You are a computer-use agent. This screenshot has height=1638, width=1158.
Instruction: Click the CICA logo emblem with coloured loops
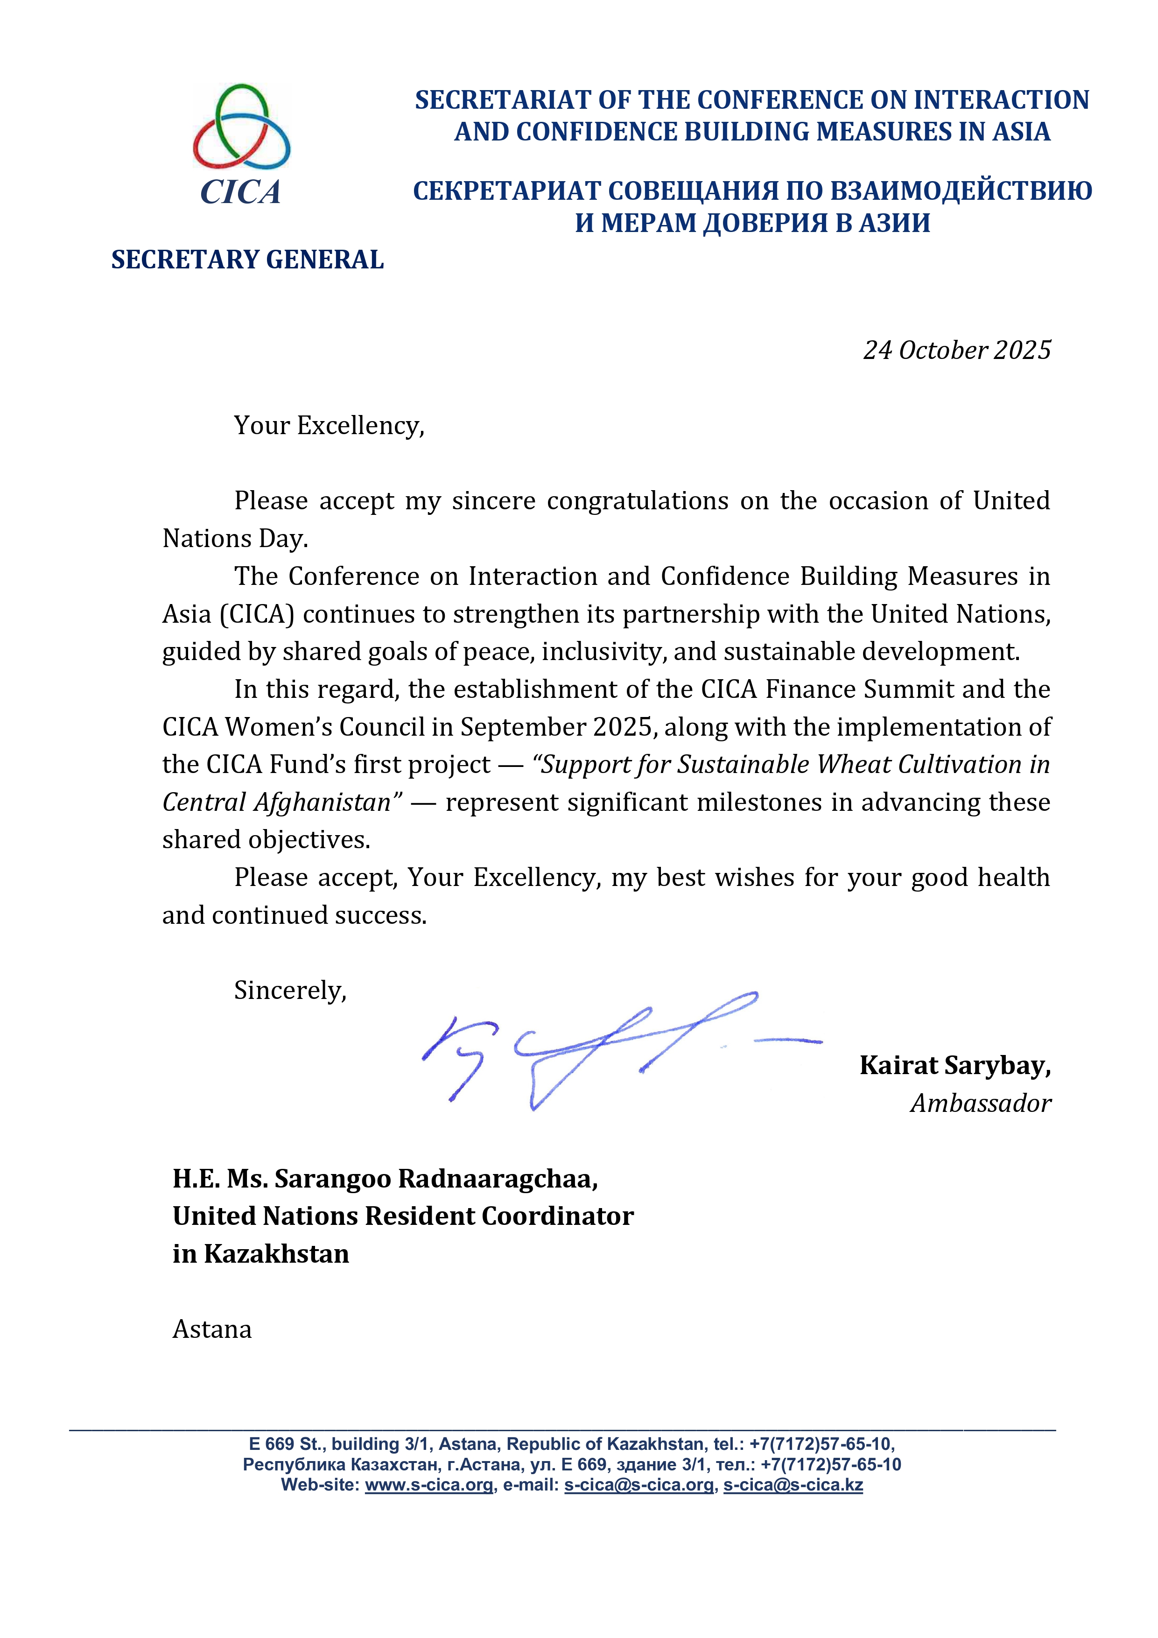click(241, 127)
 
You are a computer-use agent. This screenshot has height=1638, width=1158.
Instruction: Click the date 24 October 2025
click(957, 350)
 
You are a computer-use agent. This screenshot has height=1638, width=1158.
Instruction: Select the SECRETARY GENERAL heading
click(247, 260)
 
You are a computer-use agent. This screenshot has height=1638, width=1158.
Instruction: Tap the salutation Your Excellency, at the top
click(329, 426)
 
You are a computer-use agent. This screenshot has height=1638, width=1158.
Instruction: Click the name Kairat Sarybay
click(954, 1065)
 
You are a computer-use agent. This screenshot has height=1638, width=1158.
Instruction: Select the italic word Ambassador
click(980, 1104)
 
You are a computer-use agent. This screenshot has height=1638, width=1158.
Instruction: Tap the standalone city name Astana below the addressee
click(212, 1330)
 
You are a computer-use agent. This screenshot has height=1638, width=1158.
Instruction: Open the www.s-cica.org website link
click(429, 1485)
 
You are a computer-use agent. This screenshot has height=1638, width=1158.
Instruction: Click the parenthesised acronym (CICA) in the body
click(257, 614)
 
